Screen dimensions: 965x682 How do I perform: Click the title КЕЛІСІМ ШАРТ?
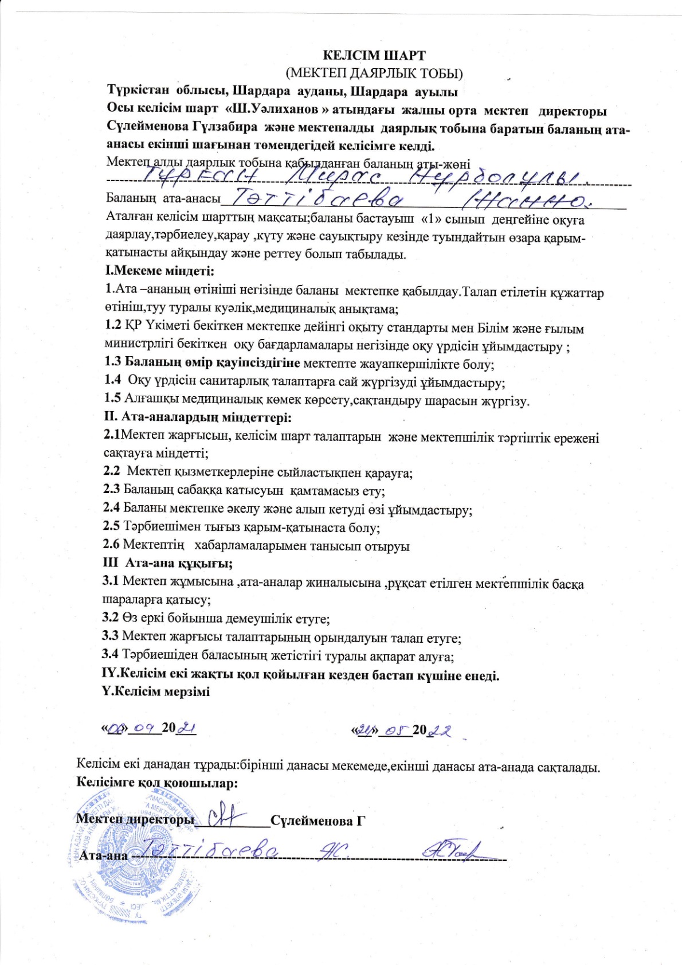click(x=374, y=56)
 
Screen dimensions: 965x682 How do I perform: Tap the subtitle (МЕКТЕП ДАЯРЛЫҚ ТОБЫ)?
click(x=374, y=73)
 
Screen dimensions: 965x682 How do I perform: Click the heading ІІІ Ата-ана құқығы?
click(x=167, y=563)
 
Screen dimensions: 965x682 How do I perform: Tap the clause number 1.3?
click(x=113, y=362)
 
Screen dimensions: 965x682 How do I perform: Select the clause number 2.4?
click(x=111, y=507)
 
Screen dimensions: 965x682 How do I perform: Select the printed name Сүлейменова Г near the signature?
click(x=318, y=821)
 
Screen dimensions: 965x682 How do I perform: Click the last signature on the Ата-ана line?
click(x=451, y=851)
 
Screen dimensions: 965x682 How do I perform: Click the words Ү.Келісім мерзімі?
click(x=156, y=691)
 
